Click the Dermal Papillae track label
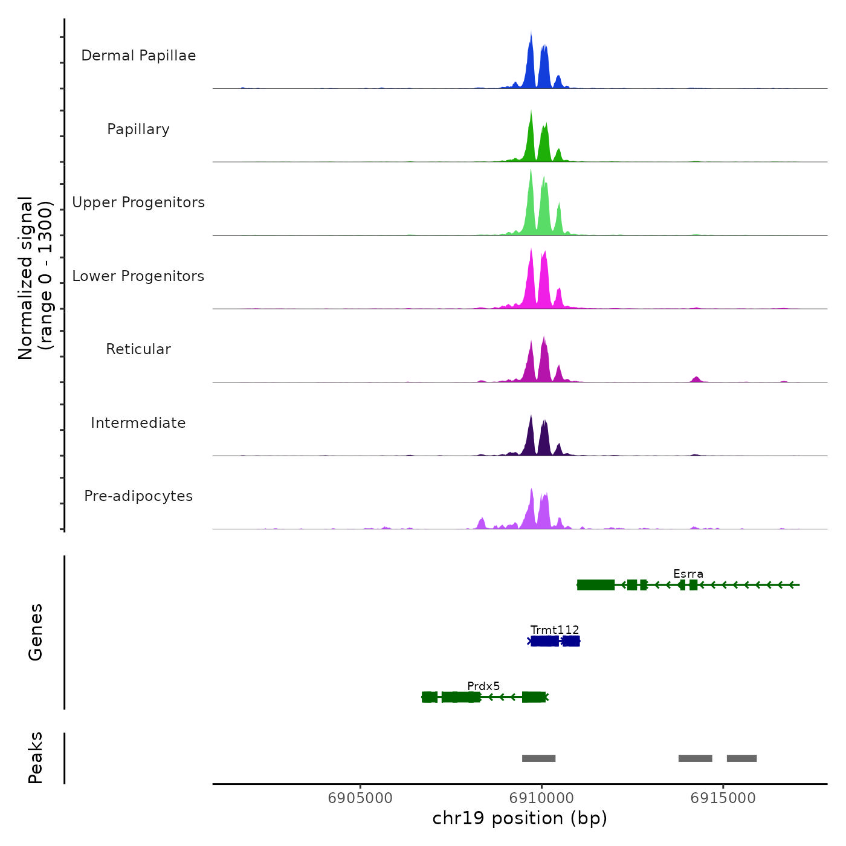pos(138,56)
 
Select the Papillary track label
pos(138,129)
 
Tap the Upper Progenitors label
pos(138,202)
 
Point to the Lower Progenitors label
pos(138,276)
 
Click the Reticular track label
pos(138,349)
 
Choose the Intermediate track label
pos(138,423)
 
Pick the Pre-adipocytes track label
pos(138,496)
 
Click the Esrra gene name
pos(688,574)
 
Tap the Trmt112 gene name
pos(555,630)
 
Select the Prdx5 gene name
pos(483,686)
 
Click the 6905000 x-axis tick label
pos(360,798)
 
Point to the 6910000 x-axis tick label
pos(541,798)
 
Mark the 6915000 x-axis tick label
pos(723,798)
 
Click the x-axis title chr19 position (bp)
pos(520,819)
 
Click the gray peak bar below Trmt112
pos(538,758)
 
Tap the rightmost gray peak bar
pos(741,758)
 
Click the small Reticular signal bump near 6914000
pos(696,379)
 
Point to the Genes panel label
pos(36,632)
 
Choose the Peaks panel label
pos(36,758)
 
